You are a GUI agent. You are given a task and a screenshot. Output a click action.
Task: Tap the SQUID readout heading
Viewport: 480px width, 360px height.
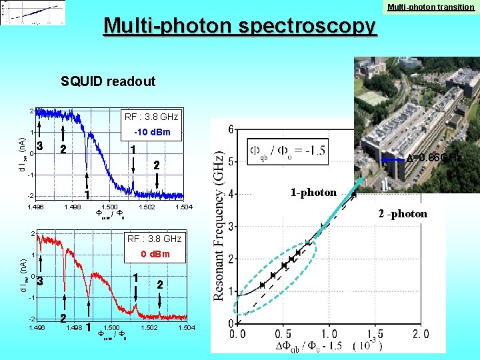(x=108, y=82)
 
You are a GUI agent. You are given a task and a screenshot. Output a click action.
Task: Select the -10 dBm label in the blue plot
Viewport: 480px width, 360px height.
(x=152, y=133)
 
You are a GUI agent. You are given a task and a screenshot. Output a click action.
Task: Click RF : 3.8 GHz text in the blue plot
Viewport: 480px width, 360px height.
(x=152, y=117)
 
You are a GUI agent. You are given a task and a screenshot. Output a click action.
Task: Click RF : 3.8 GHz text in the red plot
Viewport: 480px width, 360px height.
(x=154, y=239)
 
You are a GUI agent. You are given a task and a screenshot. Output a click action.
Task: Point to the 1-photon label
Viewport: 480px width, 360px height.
(x=313, y=193)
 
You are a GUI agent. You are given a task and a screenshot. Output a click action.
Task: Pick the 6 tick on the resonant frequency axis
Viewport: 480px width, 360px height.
(x=230, y=129)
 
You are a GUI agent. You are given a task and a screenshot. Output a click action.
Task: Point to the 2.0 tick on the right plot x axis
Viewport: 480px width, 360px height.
(x=421, y=333)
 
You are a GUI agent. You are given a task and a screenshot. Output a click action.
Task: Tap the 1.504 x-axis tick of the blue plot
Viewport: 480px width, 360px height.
(x=183, y=208)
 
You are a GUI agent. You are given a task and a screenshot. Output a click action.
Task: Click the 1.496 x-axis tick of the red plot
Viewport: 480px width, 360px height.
(x=37, y=328)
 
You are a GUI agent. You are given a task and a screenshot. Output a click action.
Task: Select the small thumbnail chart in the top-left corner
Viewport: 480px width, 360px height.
(x=33, y=13)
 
